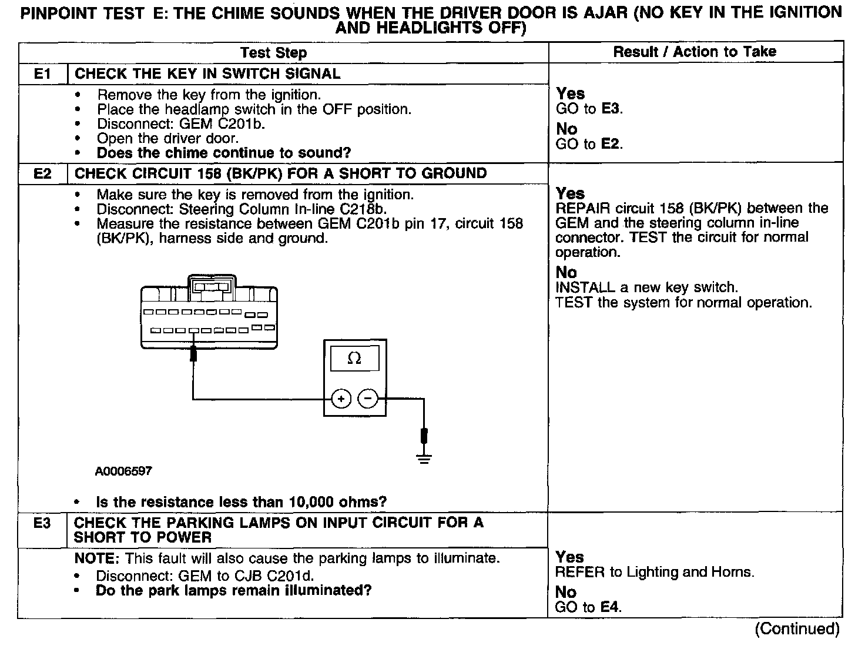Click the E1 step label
[42, 73]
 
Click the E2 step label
[42, 173]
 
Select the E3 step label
[42, 523]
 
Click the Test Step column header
[274, 53]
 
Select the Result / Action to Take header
[695, 52]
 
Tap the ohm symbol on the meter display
[354, 359]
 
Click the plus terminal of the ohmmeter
[341, 399]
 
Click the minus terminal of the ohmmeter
[368, 399]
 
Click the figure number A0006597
[123, 471]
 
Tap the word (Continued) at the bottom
[797, 628]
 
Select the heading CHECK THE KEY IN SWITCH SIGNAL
[207, 73]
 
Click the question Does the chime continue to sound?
[223, 153]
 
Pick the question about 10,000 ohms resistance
[241, 502]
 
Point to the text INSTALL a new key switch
[646, 287]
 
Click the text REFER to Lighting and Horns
[655, 572]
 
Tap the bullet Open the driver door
[167, 139]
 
